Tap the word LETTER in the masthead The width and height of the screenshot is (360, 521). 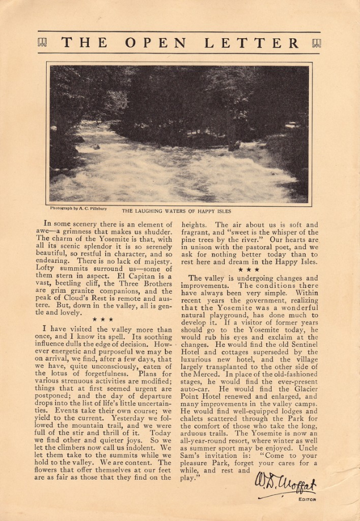pyautogui.click(x=258, y=43)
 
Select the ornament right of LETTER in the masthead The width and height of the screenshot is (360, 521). pyautogui.click(x=316, y=43)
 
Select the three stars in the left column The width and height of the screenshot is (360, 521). pyautogui.click(x=103, y=319)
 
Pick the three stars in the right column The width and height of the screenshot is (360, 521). pyautogui.click(x=249, y=269)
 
